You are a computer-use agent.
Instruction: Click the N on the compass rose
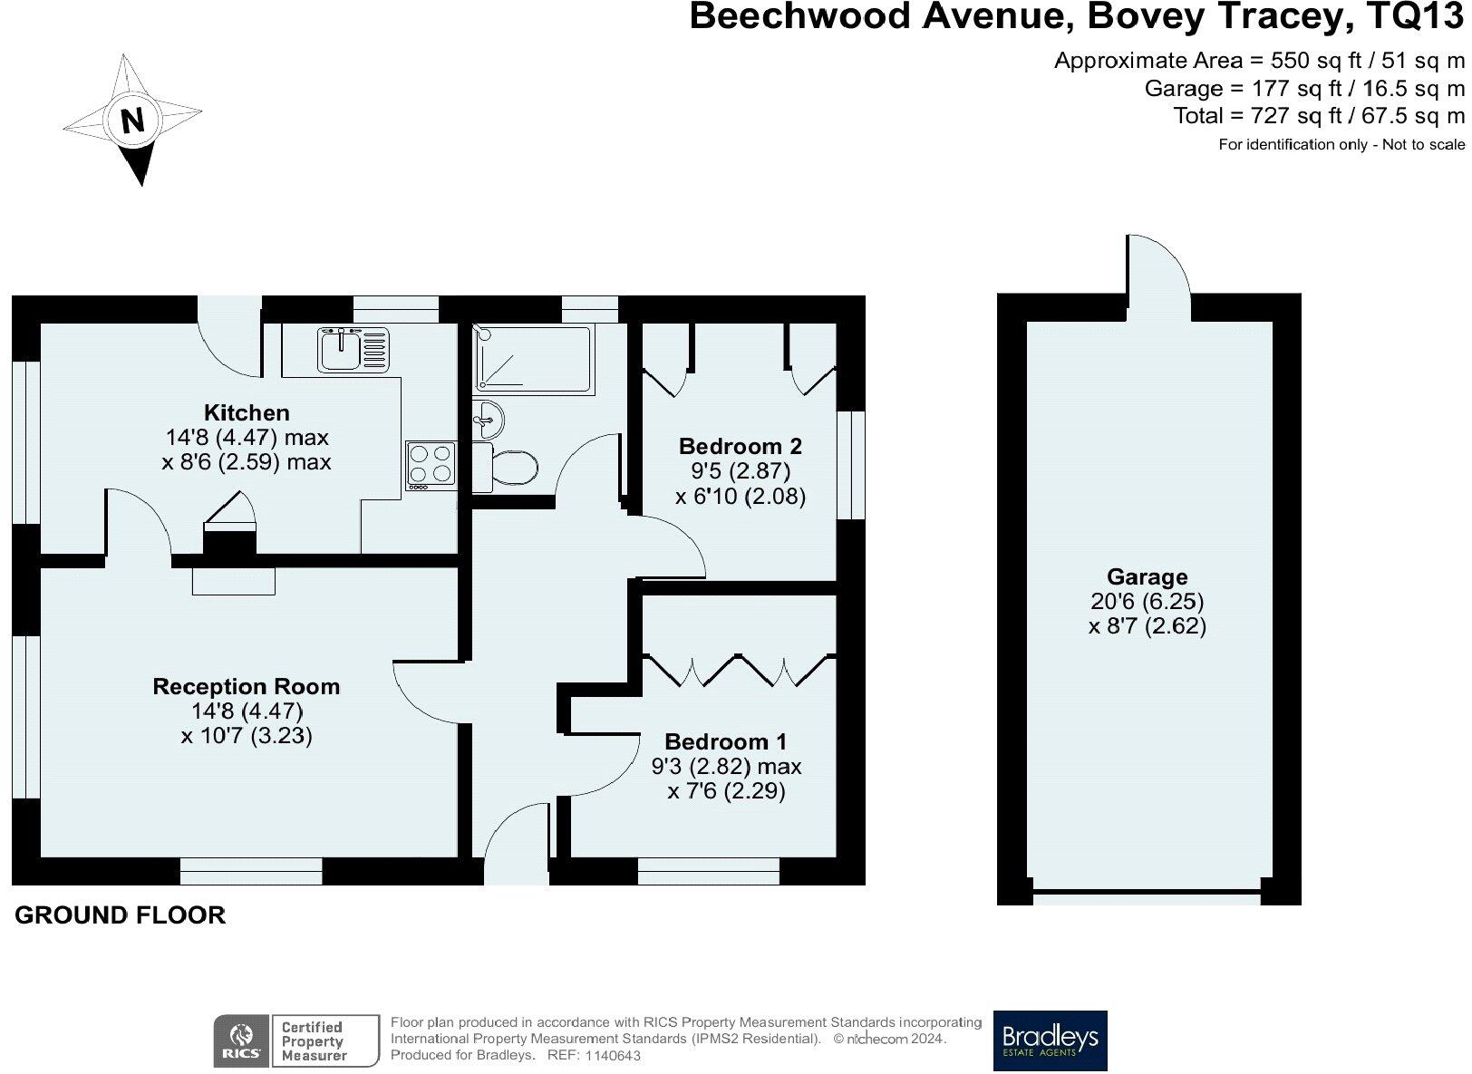point(133,121)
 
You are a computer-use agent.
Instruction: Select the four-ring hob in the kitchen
point(431,463)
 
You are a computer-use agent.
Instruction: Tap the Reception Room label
point(247,686)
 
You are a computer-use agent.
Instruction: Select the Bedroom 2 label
point(741,446)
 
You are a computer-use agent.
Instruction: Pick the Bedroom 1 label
point(726,741)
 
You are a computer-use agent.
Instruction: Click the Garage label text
point(1147,576)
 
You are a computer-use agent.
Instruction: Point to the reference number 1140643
point(614,1056)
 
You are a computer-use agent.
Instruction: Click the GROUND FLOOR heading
point(121,915)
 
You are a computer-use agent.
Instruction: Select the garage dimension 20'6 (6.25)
point(1147,601)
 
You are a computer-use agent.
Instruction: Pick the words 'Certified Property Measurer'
point(313,1041)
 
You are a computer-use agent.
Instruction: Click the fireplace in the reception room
point(233,581)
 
